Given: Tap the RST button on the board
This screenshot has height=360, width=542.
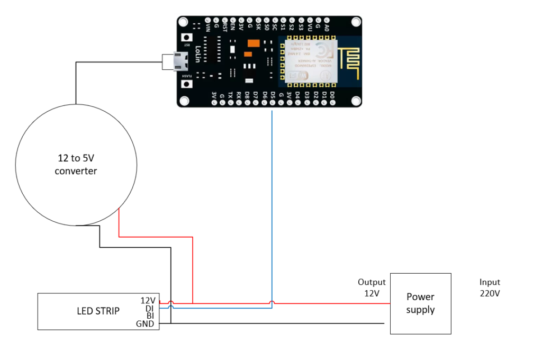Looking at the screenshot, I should (186, 39).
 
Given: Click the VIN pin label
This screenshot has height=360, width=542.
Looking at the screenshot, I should (207, 26).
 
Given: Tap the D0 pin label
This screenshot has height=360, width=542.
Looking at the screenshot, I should (332, 95).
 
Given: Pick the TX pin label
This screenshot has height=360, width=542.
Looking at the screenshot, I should (230, 96).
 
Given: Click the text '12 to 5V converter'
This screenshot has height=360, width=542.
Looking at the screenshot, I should (76, 164).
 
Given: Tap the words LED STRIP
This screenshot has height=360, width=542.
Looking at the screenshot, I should (98, 311).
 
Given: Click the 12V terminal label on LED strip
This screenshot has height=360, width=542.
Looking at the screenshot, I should (148, 300).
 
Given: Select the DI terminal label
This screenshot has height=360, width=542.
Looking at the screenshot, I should (150, 308).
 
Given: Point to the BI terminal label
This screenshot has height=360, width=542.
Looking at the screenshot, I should (150, 316).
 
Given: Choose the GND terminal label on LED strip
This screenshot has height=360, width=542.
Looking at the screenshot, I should (146, 324).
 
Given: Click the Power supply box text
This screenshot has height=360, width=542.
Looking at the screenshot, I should (420, 303).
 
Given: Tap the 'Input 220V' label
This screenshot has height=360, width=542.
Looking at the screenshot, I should (490, 287).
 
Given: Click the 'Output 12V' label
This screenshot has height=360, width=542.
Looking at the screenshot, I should (372, 287).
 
